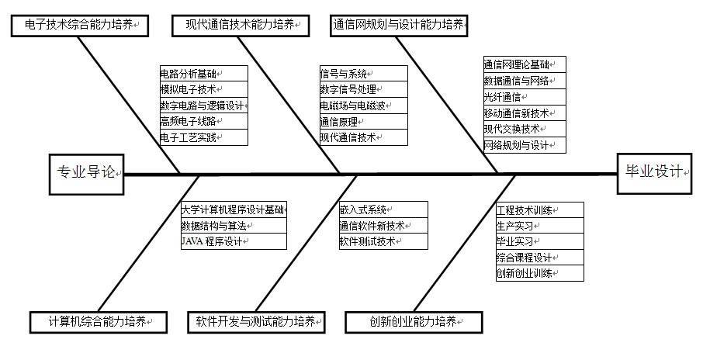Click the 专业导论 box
coord(86,175)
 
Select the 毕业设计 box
coord(654,174)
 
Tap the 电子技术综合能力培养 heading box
coord(80,26)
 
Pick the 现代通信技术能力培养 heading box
coord(241,26)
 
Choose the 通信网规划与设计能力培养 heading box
coord(399,26)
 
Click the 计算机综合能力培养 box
coord(99,323)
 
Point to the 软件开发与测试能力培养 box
coord(256,323)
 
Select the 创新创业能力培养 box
coord(414,323)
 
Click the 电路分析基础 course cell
coord(204,74)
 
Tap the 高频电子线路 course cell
coord(204,121)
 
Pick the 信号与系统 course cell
coord(364,74)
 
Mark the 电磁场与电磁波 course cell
coord(364,106)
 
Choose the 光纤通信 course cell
coord(525,97)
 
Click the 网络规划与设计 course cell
coord(525,145)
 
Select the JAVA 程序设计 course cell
coord(234,241)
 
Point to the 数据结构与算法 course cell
coord(234,226)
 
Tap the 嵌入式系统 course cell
coord(383,209)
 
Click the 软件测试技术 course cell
coord(383,241)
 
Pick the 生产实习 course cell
coord(540,226)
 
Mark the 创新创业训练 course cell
coord(540,274)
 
